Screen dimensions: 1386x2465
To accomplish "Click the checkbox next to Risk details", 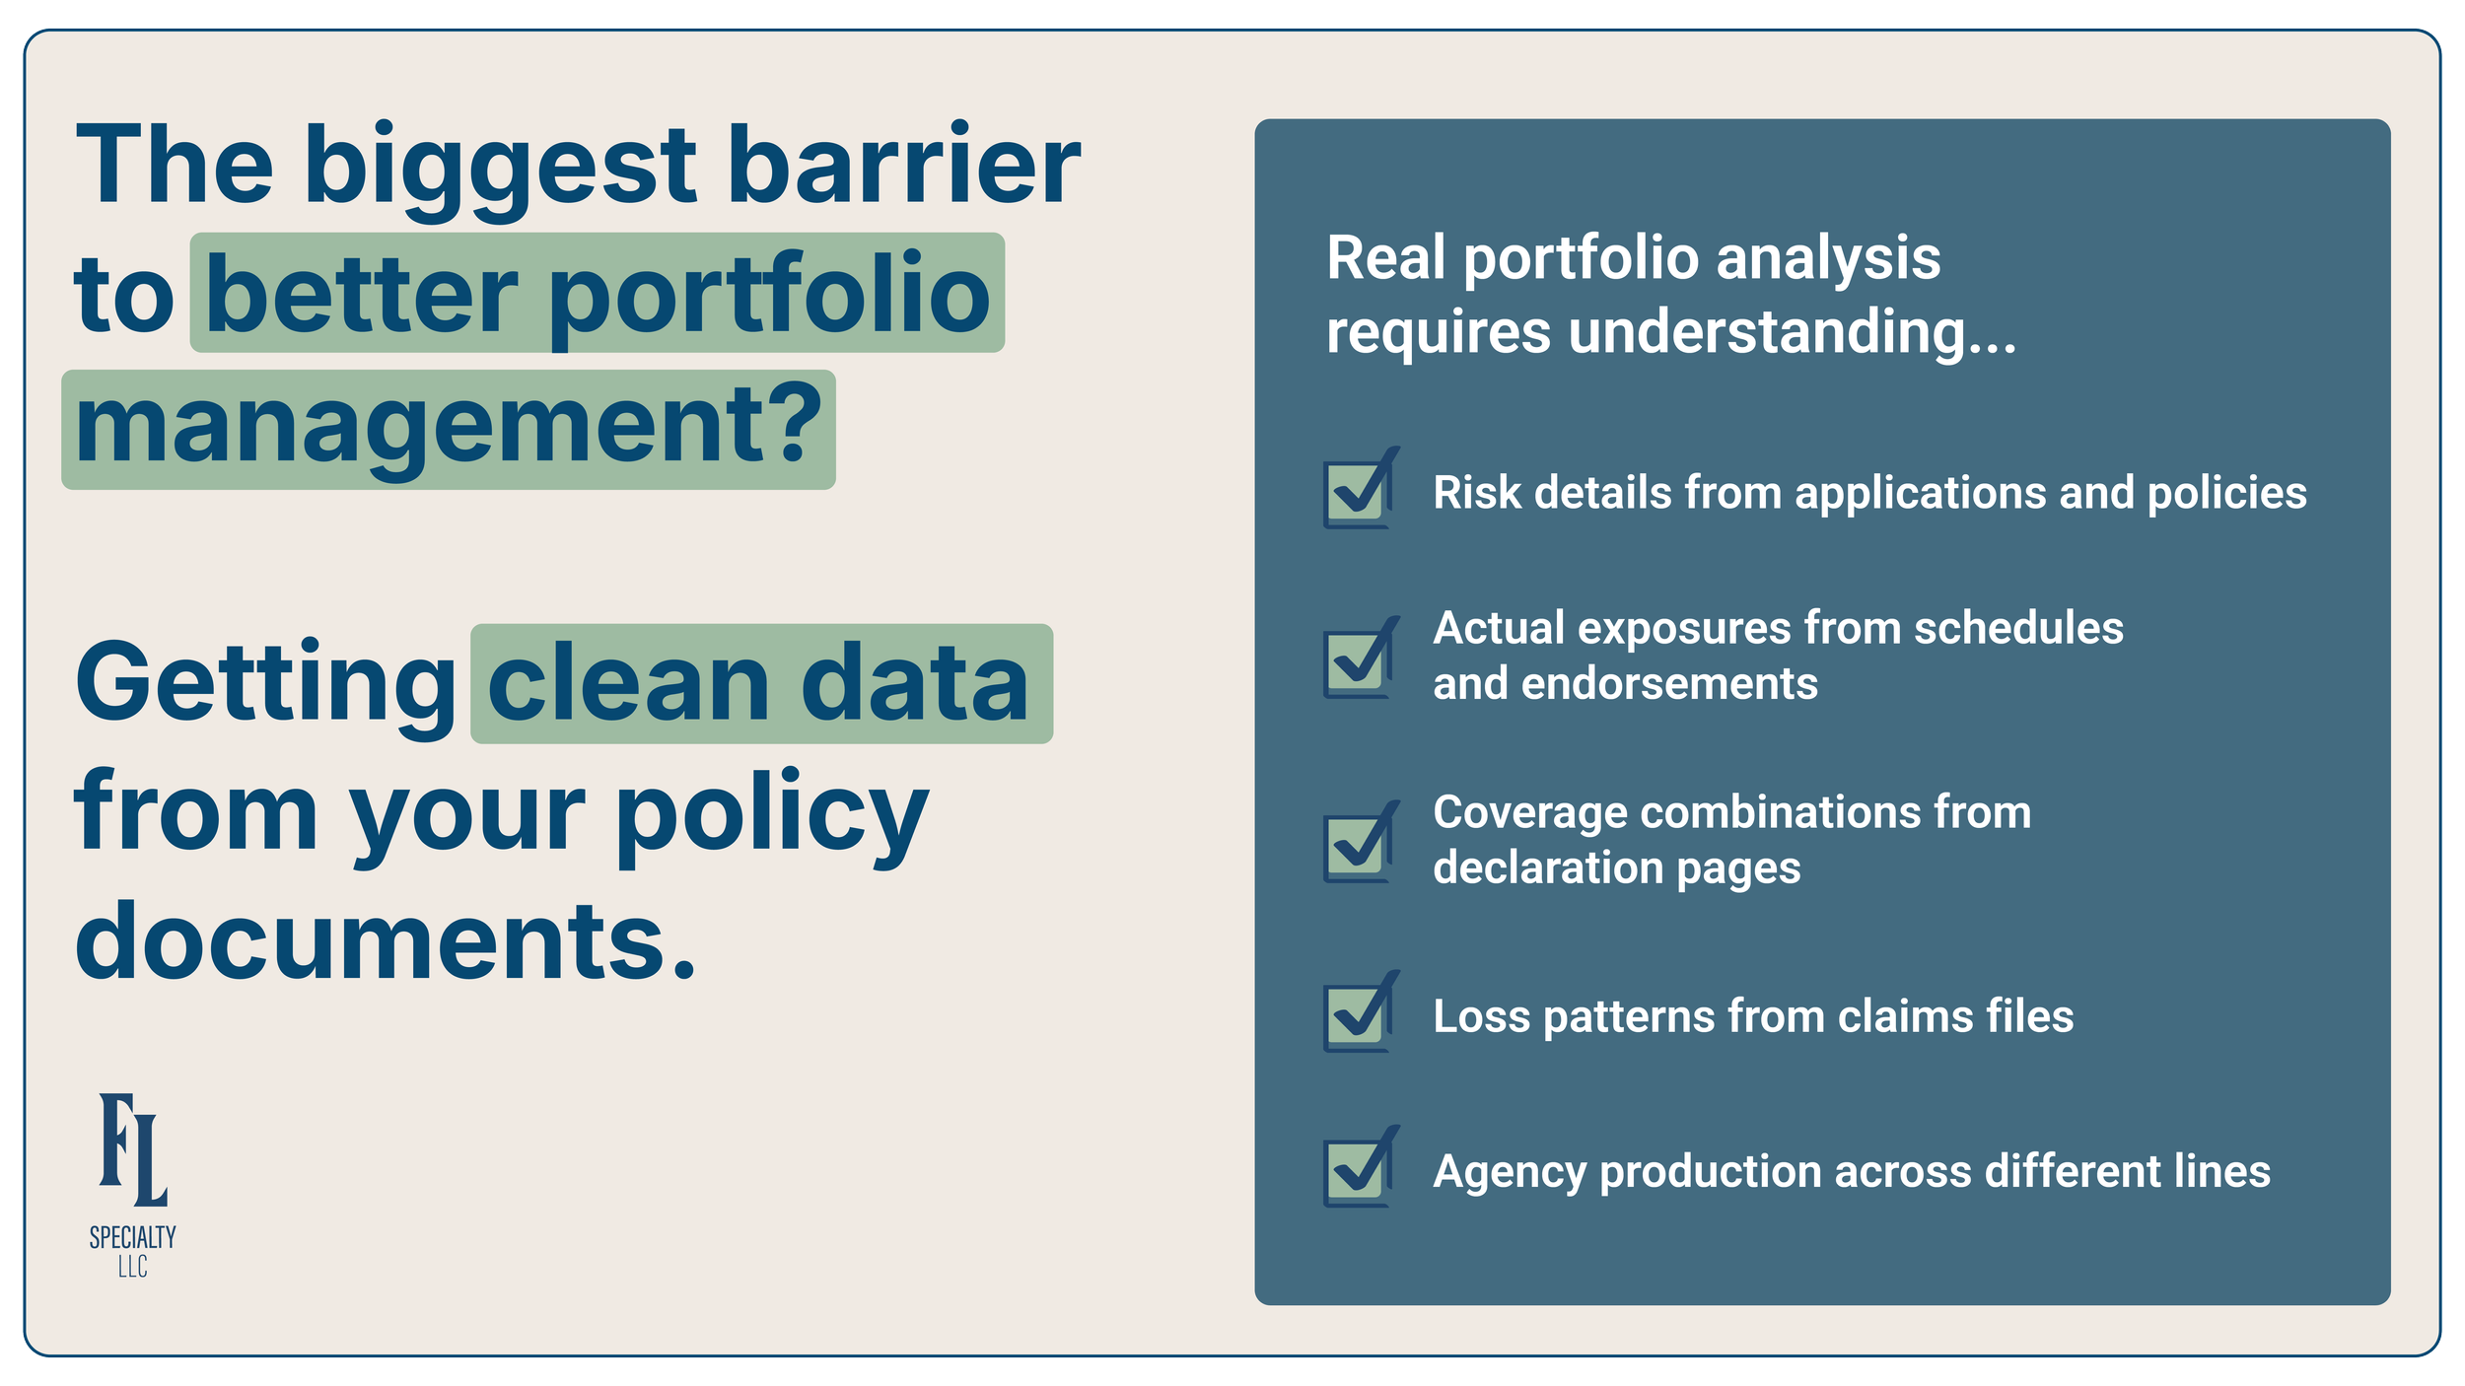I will [1357, 492].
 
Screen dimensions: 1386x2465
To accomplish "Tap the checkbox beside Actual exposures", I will [1357, 661].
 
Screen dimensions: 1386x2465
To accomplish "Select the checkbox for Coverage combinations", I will [1357, 846].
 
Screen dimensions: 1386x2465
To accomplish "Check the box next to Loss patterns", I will [1357, 1015].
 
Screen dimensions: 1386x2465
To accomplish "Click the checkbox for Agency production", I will [1357, 1171].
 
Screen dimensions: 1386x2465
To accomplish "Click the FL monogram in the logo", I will [133, 1150].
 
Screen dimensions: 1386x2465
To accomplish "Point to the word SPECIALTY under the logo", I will [133, 1237].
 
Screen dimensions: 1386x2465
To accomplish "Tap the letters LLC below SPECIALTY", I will [133, 1268].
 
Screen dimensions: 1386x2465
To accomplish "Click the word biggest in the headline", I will [501, 168].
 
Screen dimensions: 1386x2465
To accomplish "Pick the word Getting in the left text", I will [265, 683].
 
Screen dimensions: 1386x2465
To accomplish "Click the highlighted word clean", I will [629, 683].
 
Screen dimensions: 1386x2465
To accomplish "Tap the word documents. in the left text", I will [386, 940].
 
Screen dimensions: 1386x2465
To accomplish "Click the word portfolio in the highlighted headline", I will [769, 296].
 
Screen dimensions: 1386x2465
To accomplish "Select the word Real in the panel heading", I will [1386, 258].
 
